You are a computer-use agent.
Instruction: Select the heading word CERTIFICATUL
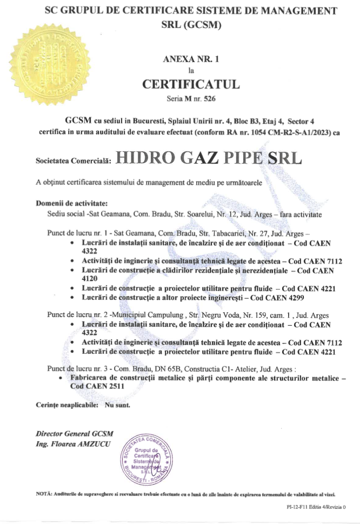click(x=190, y=85)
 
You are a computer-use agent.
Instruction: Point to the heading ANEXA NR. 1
click(x=190, y=59)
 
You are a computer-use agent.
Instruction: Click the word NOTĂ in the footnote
click(x=44, y=494)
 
